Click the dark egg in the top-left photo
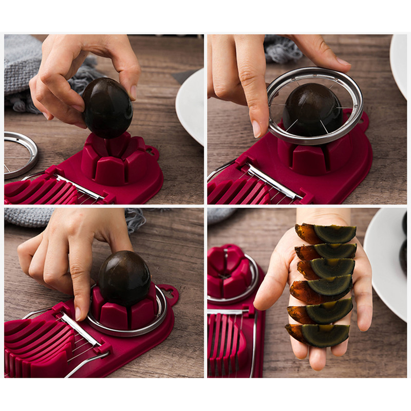[x=107, y=107]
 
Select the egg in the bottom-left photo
[x=124, y=278]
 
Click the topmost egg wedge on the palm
[x=329, y=234]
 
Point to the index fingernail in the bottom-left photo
[x=78, y=313]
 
